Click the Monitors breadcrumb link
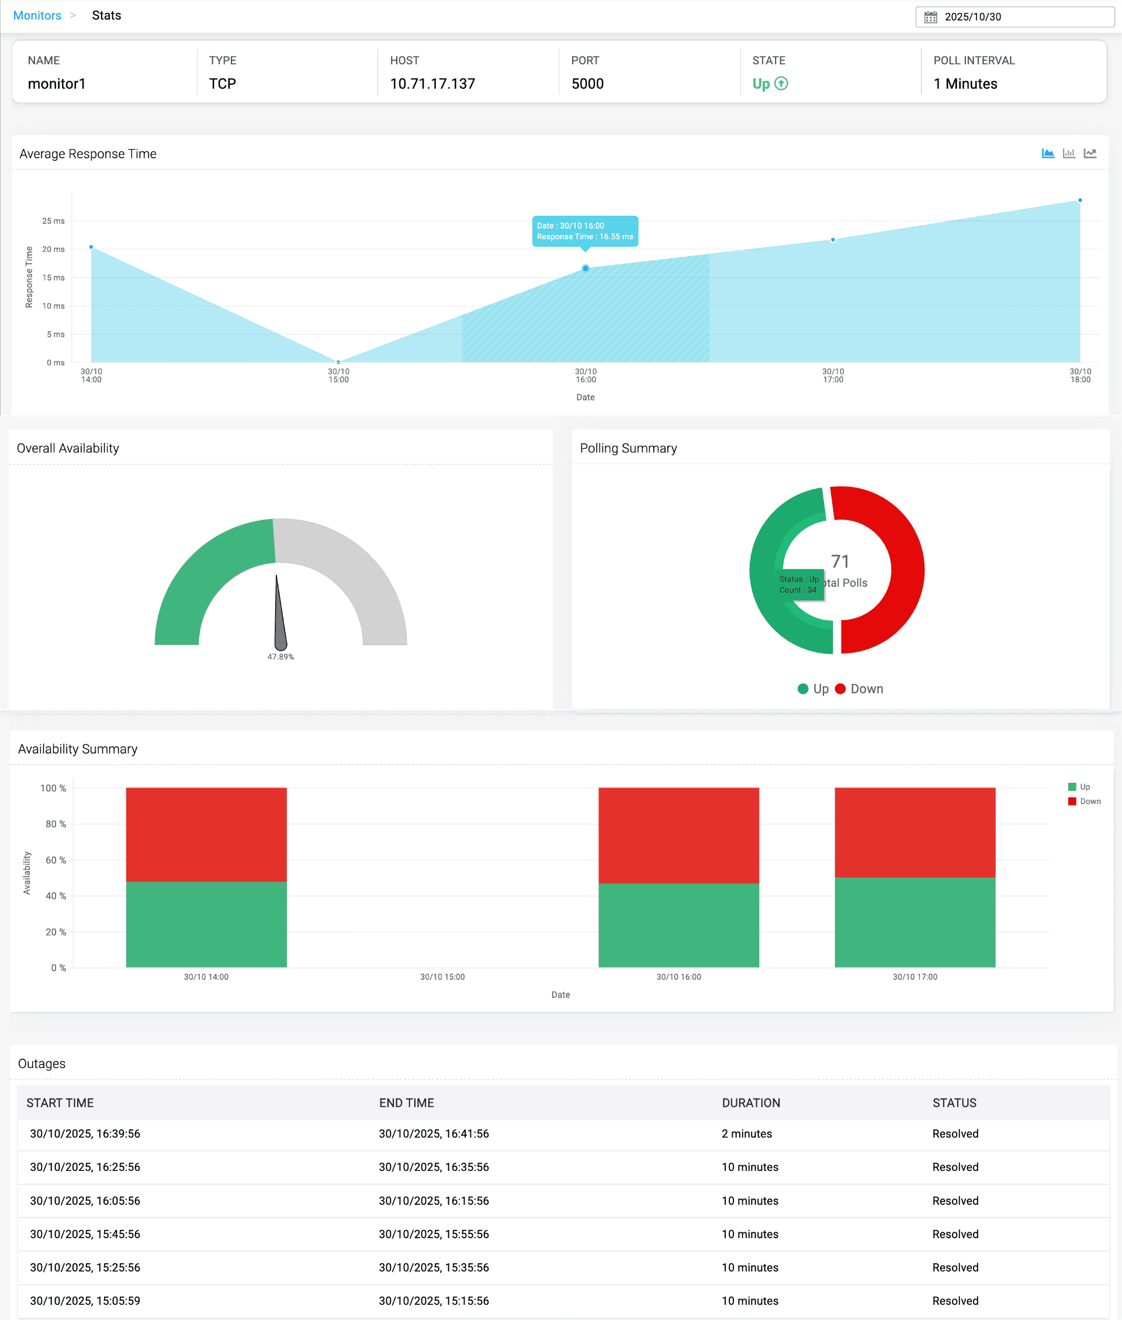coord(37,15)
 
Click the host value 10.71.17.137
coord(432,84)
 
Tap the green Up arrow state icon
coord(781,84)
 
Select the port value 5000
coord(587,84)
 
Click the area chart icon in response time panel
coord(1048,153)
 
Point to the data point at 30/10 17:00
coord(833,240)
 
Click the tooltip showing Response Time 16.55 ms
coord(584,231)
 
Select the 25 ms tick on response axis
coord(53,221)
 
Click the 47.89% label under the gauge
coord(280,656)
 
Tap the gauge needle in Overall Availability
coord(279,617)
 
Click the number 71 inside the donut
coord(840,561)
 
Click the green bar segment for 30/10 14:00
coord(206,924)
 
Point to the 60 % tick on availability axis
coord(56,860)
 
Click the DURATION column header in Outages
coord(750,1103)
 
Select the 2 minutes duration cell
coord(746,1134)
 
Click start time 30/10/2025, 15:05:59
coord(85,1300)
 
